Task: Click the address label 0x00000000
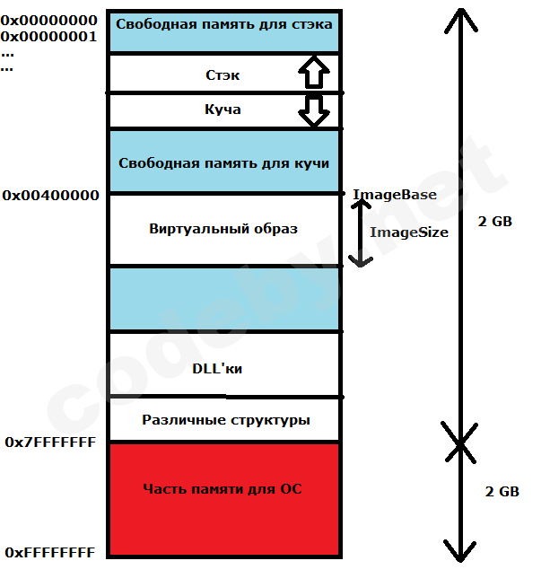[x=48, y=21]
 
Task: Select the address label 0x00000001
[x=48, y=37]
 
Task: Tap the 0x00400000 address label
[x=50, y=195]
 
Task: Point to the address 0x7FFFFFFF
[x=50, y=442]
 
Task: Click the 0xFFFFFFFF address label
[x=49, y=553]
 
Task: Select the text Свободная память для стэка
[x=223, y=23]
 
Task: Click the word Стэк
[x=223, y=75]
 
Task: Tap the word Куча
[x=223, y=110]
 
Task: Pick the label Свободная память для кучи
[x=223, y=163]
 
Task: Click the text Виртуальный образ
[x=223, y=229]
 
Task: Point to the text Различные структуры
[x=226, y=420]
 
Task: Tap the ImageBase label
[x=395, y=195]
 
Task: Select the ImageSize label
[x=408, y=232]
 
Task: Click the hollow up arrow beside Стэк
[x=313, y=72]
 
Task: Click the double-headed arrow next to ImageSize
[x=360, y=232]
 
